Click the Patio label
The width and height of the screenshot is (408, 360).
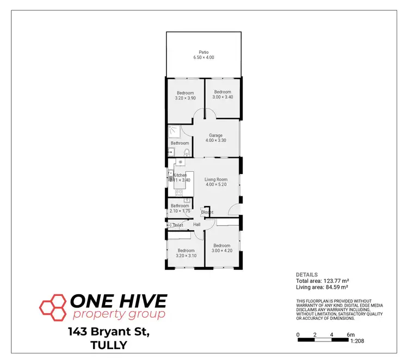coord(203,52)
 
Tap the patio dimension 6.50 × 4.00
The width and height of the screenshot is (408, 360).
coord(203,57)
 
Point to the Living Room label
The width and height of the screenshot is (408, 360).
coord(215,179)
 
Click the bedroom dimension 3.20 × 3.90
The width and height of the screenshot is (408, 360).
coord(184,98)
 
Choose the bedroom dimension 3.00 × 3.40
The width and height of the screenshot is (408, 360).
coord(222,97)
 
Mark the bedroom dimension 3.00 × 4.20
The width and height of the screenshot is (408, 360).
coord(222,250)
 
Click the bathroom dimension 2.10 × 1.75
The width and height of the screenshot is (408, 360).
coord(180,211)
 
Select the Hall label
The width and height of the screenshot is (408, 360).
coord(197,225)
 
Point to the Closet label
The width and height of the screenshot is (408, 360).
coord(207,212)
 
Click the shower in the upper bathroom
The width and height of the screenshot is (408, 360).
coord(175,131)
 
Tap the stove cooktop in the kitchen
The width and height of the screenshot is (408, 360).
coord(179,193)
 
